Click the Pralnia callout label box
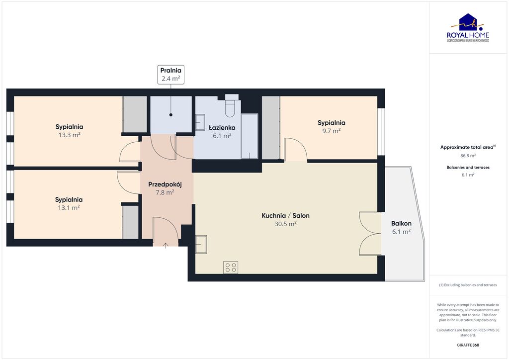click(170, 74)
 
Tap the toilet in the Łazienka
click(230, 107)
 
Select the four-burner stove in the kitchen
click(231, 268)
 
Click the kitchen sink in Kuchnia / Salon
click(201, 244)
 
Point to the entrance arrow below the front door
click(166, 245)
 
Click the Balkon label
click(401, 223)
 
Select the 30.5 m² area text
click(286, 224)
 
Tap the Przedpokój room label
click(165, 184)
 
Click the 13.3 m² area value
click(69, 135)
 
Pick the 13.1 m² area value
click(69, 208)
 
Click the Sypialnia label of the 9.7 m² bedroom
click(331, 123)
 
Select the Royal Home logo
click(470, 28)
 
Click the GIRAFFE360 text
click(468, 345)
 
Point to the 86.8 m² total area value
click(468, 156)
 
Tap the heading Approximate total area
click(467, 147)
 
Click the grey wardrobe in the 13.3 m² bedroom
click(135, 114)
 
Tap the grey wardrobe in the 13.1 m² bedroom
click(130, 222)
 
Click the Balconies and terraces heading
click(468, 168)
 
